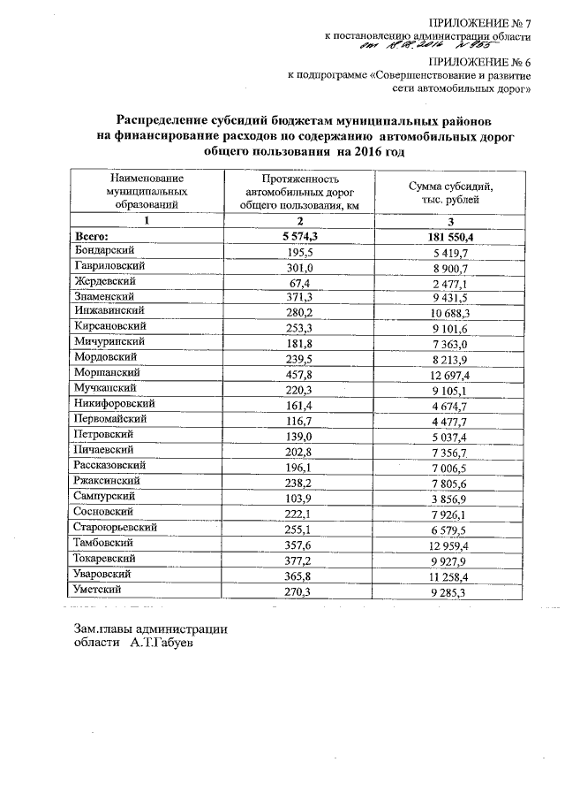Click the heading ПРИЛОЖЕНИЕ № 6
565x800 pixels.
[480, 61]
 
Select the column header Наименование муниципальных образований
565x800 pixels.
[147, 190]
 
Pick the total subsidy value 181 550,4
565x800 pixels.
[450, 237]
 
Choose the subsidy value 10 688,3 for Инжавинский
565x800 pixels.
[450, 313]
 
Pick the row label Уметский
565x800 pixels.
[98, 589]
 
